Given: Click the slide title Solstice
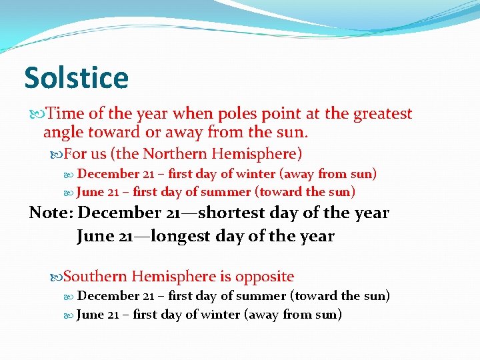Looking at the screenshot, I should point(76,78).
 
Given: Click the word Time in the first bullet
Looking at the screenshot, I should point(65,114).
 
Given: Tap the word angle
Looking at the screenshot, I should point(64,133).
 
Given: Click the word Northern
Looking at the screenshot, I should point(175,154).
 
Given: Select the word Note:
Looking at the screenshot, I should point(51,213).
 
